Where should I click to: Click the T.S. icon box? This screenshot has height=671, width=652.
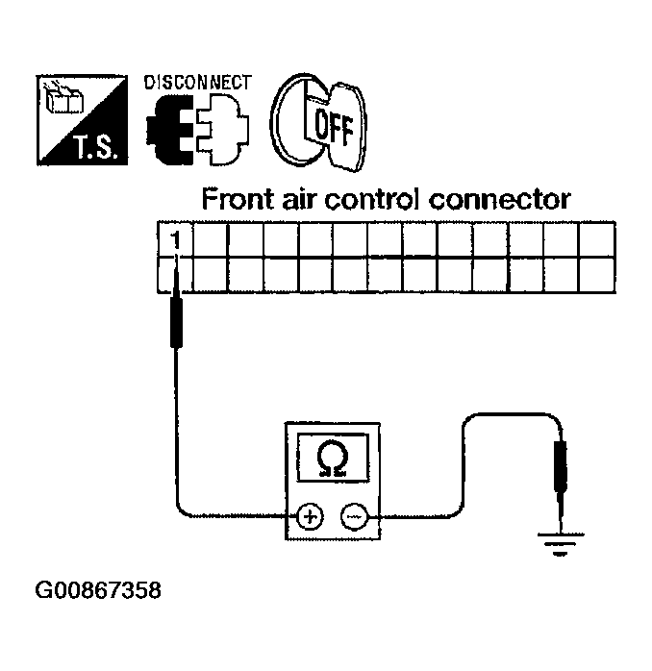coord(82,120)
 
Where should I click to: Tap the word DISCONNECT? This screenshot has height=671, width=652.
coord(198,83)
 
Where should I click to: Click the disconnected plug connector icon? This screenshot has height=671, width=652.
coord(197,129)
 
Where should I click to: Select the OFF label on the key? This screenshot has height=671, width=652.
coord(334,126)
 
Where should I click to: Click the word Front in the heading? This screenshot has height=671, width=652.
coord(238,199)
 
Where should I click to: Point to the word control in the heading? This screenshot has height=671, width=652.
coord(374,199)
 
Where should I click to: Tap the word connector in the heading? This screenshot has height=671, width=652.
coord(500,200)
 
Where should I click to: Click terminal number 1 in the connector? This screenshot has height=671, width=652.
coord(175,240)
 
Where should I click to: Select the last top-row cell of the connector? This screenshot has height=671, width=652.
coord(597,239)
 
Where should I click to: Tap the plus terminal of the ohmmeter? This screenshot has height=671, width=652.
coord(310,517)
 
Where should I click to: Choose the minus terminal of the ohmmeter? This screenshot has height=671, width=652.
coord(354,517)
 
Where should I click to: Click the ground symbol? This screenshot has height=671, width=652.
coord(560,544)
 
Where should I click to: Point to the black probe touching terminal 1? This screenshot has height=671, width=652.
coord(176,322)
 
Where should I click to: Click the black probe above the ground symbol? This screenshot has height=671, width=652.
coord(560,465)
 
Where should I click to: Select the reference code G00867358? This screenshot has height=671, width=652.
coord(98,590)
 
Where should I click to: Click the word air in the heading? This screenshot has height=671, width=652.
coord(299,200)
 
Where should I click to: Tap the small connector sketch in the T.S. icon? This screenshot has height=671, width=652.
coord(63,98)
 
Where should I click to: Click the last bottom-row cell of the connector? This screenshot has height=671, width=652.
coord(597,275)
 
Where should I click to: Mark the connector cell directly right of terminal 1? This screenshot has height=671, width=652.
coord(211,239)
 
